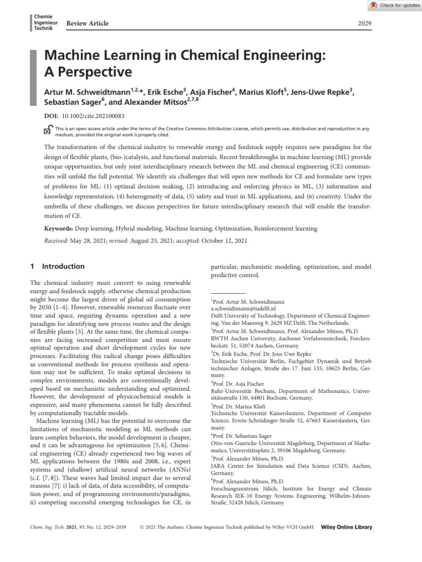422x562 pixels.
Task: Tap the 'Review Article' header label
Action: (87, 23)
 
